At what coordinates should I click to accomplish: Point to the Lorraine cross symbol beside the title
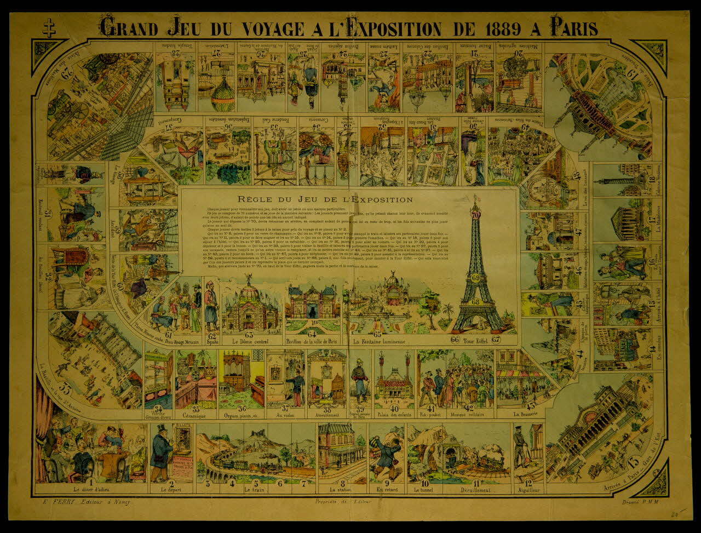point(49,28)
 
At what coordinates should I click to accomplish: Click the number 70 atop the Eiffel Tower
point(475,215)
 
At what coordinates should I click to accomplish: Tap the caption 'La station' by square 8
point(340,490)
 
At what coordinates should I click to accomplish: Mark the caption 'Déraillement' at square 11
point(475,490)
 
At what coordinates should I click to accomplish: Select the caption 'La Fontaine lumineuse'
point(380,342)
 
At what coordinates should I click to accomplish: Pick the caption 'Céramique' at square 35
point(193,416)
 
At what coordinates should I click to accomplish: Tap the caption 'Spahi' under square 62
point(211,342)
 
